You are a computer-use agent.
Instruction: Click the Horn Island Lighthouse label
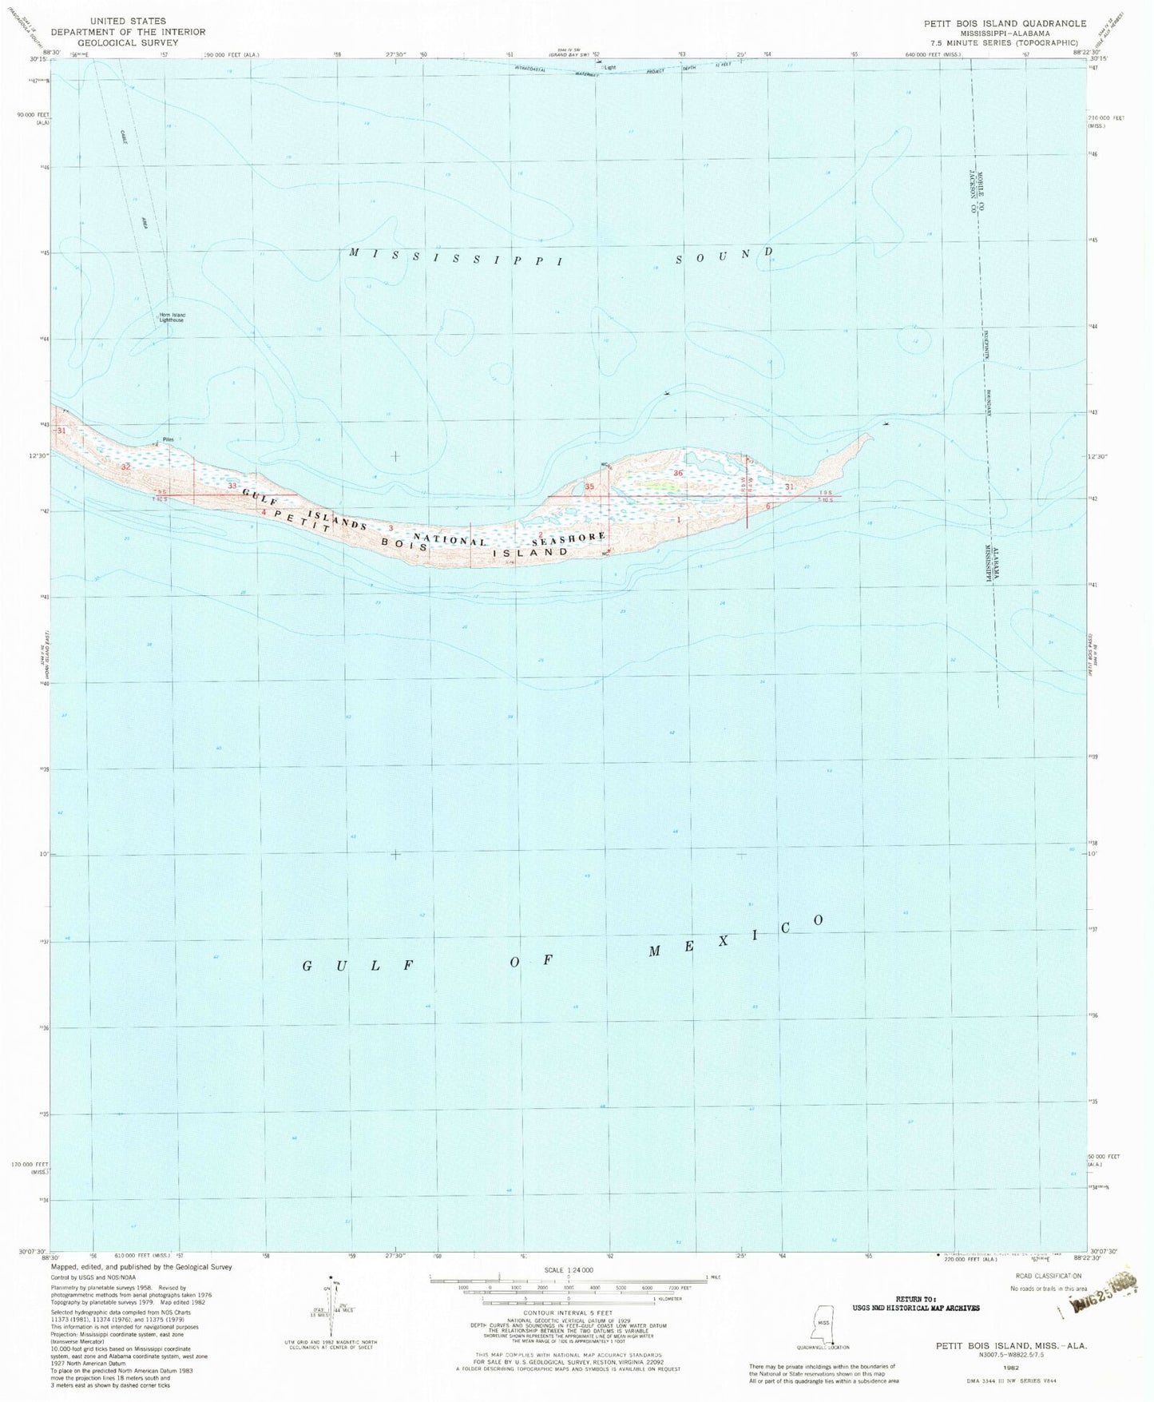172,317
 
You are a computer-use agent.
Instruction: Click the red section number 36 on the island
679,474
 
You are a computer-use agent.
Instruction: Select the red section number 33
232,486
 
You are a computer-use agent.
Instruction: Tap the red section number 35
589,487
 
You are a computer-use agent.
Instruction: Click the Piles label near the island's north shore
168,439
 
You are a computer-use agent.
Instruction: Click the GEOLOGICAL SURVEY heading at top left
128,42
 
